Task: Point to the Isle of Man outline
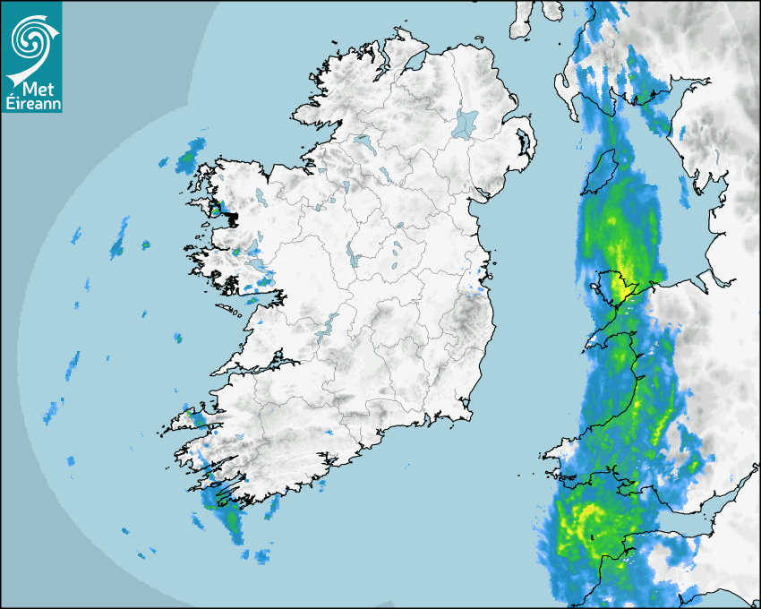coord(600,172)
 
